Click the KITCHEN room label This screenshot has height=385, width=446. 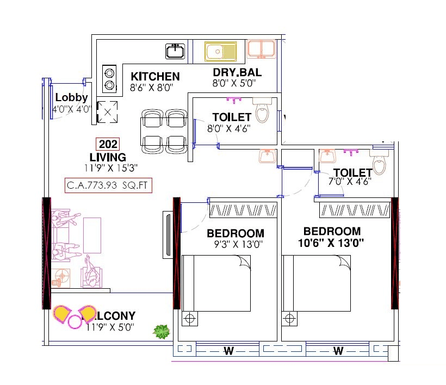click(155, 76)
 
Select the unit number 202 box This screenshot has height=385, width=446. click(107, 144)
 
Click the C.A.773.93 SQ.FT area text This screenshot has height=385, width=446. click(108, 185)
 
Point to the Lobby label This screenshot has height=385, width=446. click(71, 97)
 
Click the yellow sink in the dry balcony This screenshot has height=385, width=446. click(220, 52)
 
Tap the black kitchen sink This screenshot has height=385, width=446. click(175, 52)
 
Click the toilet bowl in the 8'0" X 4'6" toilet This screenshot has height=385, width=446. click(263, 111)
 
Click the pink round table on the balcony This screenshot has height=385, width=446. click(74, 322)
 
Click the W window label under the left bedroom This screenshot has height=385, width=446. click(228, 351)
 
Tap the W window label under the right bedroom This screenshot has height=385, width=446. click(338, 351)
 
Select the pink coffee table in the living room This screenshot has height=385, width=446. click(92, 235)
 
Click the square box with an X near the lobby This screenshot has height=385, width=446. click(107, 113)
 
